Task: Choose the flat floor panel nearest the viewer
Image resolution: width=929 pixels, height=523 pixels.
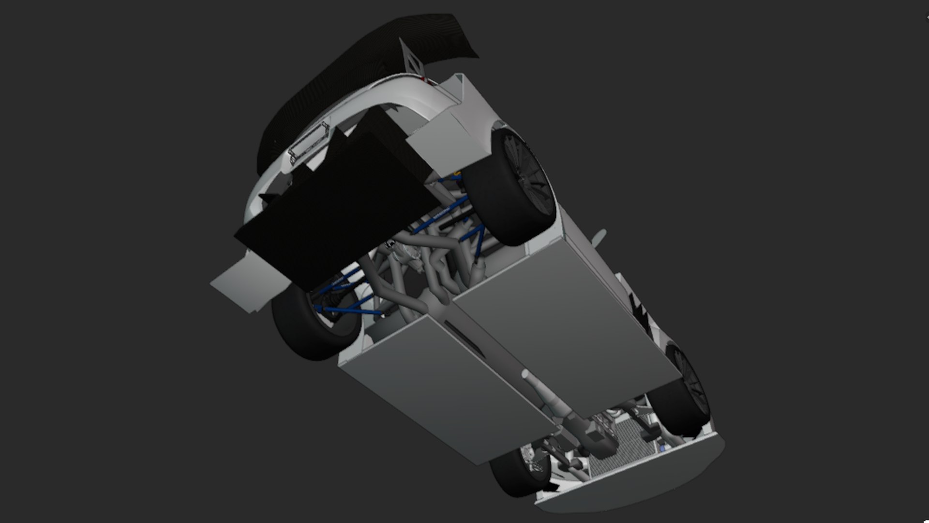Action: (445, 392)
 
